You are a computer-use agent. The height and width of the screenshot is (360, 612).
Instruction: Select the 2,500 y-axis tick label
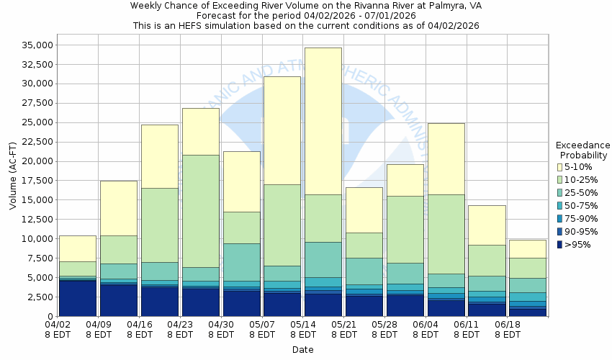(37, 297)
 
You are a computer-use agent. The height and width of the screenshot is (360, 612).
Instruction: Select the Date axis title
(302, 350)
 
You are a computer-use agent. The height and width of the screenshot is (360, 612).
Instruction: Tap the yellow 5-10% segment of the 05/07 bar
(282, 130)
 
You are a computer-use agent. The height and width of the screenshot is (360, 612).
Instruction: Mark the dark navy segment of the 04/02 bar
(77, 298)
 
